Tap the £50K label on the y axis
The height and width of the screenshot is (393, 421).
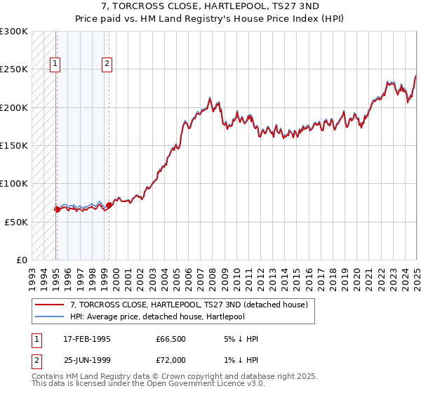pos(16,222)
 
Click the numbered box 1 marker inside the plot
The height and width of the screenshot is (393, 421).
pos(55,65)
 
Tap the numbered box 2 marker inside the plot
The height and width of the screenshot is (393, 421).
pos(107,65)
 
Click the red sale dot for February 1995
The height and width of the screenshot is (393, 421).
pos(57,209)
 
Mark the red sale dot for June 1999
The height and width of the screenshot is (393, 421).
pos(109,205)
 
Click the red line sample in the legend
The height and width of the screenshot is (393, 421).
pos(49,305)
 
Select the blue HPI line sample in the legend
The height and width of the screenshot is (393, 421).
pos(49,317)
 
